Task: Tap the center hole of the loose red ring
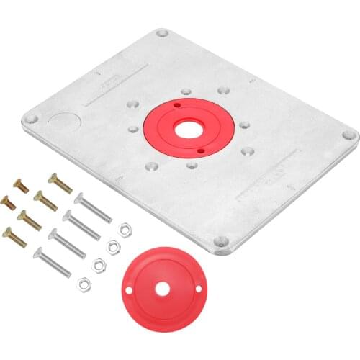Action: pos(161,289)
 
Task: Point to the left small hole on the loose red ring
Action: pos(130,290)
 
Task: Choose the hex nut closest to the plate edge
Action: pos(122,230)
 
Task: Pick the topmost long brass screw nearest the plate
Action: pos(60,184)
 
